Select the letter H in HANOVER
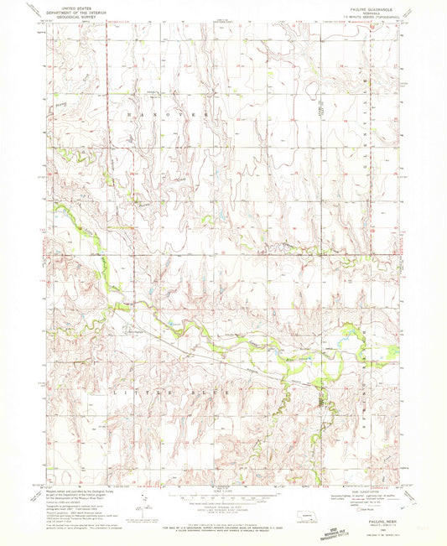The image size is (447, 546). [128, 112]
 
